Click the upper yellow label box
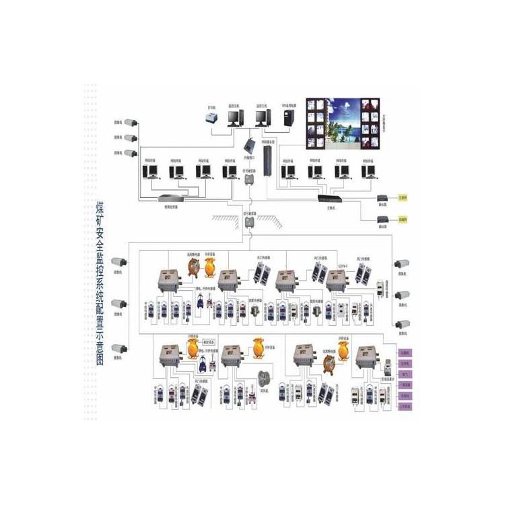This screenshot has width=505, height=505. pyautogui.click(x=403, y=199)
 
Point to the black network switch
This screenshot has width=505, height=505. pyautogui.click(x=331, y=199)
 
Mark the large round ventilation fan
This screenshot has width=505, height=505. pyautogui.click(x=263, y=376)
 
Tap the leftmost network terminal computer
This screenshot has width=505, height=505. pyautogui.click(x=150, y=172)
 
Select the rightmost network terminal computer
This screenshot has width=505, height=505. pyautogui.click(x=367, y=171)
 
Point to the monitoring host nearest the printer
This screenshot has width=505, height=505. pyautogui.click(x=234, y=119)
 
